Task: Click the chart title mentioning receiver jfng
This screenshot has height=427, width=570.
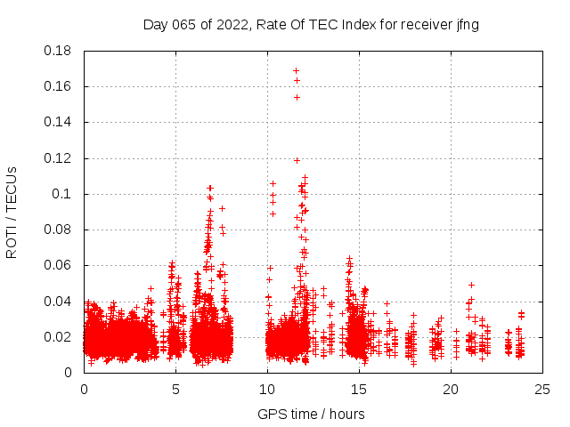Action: [x=311, y=25]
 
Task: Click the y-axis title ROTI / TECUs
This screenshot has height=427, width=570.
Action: [x=12, y=212]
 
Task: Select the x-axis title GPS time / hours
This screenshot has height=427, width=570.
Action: [x=311, y=414]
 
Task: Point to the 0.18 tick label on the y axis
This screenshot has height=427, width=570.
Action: [x=58, y=51]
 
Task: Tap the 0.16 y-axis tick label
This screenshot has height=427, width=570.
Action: [x=58, y=86]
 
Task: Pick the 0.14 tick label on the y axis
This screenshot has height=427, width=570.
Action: [x=58, y=122]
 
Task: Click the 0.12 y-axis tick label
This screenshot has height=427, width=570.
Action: [x=58, y=158]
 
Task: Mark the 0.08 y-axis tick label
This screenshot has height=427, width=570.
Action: [x=58, y=230]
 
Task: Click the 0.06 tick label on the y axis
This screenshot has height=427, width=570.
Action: [x=58, y=265]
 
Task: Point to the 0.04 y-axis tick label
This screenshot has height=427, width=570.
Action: [x=58, y=301]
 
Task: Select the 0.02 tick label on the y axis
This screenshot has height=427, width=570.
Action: [x=58, y=337]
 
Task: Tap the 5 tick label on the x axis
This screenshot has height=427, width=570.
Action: [x=175, y=389]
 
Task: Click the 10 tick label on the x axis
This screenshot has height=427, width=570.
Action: [x=267, y=389]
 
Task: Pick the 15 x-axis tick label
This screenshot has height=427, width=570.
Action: [x=359, y=389]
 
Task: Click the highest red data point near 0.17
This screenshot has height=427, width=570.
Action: [x=296, y=70]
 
